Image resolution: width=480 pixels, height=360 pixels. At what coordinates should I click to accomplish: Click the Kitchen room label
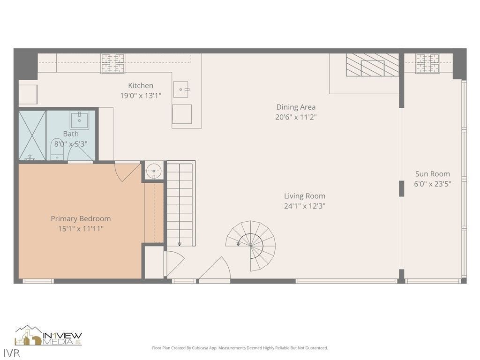pyautogui.click(x=141, y=86)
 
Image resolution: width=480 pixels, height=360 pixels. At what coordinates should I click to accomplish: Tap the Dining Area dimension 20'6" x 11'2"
pyautogui.click(x=296, y=117)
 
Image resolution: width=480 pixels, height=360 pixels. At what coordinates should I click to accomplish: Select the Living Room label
pyautogui.click(x=304, y=196)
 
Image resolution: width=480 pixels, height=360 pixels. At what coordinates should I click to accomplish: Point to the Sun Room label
pyautogui.click(x=432, y=174)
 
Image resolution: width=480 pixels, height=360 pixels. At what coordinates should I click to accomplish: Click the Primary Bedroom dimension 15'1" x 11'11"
pyautogui.click(x=81, y=229)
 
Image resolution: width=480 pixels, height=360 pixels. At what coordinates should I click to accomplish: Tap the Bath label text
pyautogui.click(x=71, y=134)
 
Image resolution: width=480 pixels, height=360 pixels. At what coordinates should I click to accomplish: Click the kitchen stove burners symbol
pyautogui.click(x=113, y=63)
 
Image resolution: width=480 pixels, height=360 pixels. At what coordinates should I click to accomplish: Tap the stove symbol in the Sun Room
pyautogui.click(x=427, y=63)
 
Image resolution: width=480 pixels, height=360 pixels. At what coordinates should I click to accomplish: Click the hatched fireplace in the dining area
pyautogui.click(x=372, y=65)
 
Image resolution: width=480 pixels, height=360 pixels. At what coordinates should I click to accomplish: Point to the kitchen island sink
pyautogui.click(x=181, y=89)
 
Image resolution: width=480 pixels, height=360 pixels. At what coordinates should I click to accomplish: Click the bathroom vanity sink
pyautogui.click(x=79, y=120)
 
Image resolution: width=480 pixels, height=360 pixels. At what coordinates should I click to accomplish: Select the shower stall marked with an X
pyautogui.click(x=32, y=135)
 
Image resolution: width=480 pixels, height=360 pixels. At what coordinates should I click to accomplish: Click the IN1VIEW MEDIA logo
pyautogui.click(x=48, y=336)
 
